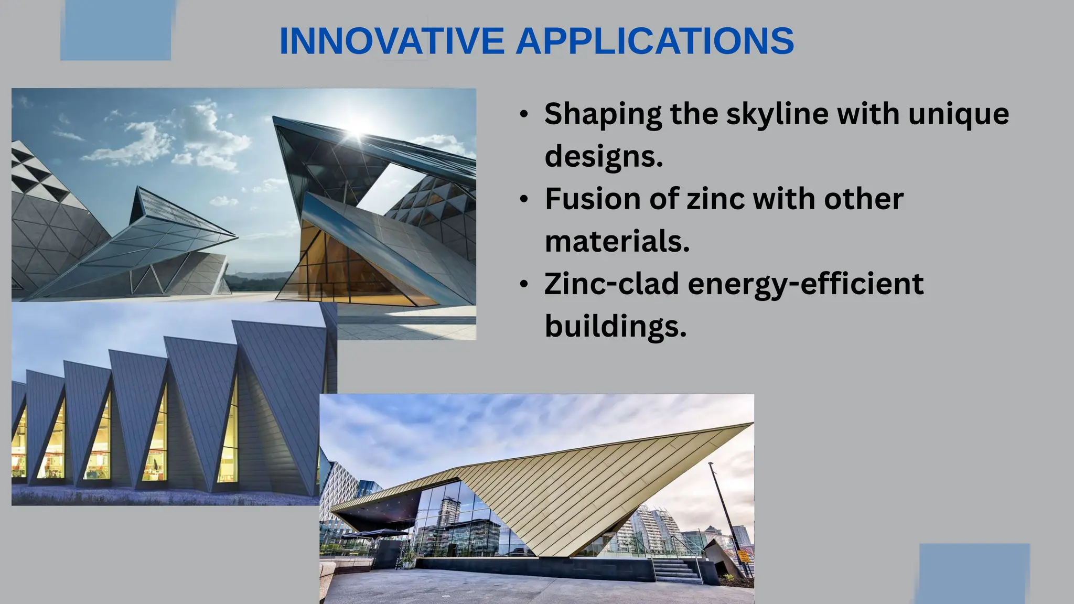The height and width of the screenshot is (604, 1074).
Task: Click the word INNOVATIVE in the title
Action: (391, 41)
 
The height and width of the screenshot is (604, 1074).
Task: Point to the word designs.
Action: (603, 156)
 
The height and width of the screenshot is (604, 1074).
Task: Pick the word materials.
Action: (617, 241)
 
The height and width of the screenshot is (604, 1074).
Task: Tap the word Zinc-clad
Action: (611, 284)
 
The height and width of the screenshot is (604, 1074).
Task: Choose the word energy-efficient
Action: (805, 284)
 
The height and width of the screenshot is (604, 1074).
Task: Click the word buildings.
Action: (615, 326)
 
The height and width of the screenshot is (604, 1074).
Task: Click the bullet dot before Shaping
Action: (523, 115)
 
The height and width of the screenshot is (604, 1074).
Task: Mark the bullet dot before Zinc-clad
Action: (523, 285)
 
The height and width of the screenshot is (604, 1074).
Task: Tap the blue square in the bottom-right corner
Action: (974, 574)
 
